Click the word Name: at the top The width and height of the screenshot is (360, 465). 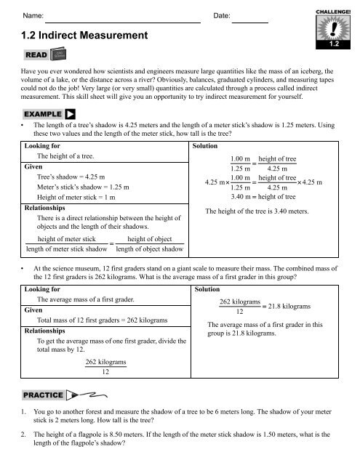pos(33,15)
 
